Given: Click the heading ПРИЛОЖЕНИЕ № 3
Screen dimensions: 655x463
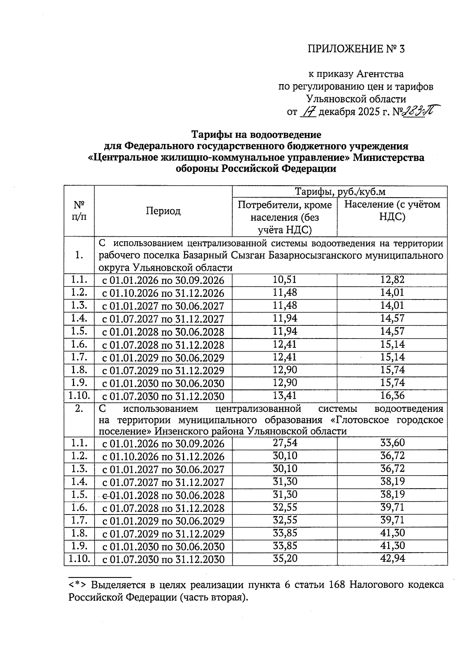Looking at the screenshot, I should (357, 49).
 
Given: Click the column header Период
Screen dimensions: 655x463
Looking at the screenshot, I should (163, 211).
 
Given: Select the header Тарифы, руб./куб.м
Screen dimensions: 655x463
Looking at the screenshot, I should (340, 192).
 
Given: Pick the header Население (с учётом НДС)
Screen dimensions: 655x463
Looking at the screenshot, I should (392, 210).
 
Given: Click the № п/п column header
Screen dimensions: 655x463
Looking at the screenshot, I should (79, 210).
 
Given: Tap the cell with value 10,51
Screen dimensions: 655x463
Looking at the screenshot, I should (285, 280).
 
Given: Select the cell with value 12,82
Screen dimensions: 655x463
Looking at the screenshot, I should (392, 280).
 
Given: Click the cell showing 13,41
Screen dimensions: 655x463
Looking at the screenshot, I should (285, 395).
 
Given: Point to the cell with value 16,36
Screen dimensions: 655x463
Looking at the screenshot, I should (392, 395).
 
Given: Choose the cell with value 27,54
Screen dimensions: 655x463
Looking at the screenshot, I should (285, 443).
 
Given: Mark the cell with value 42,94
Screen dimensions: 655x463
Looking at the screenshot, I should (392, 558).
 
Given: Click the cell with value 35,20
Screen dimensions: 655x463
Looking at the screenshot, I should (285, 558).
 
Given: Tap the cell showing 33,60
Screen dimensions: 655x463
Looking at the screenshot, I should (392, 443).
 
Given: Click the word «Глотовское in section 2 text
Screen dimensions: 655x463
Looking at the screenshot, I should (362, 420).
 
